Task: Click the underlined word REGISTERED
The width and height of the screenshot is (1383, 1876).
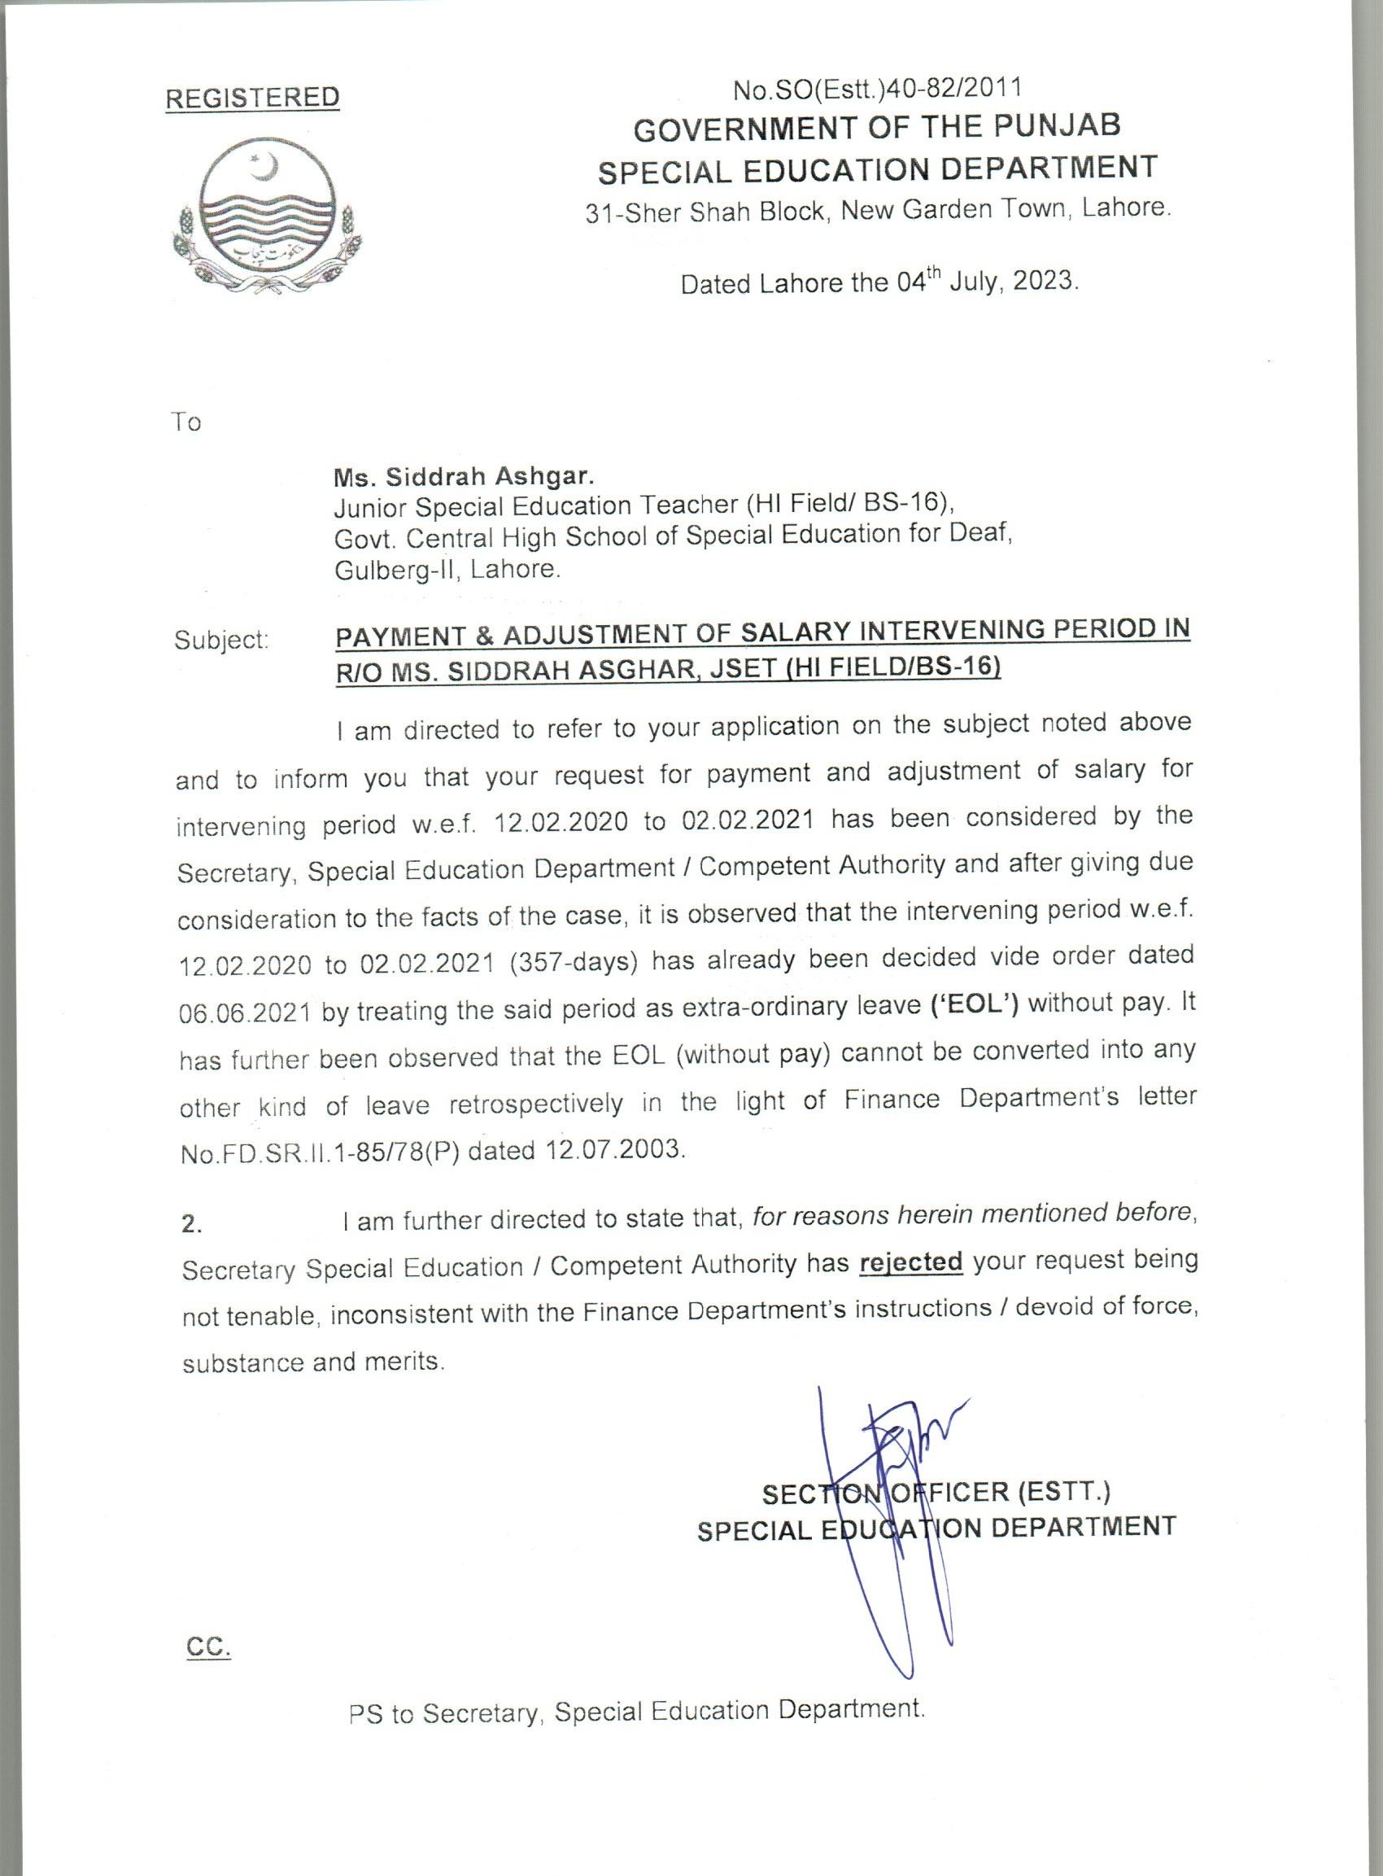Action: pos(252,98)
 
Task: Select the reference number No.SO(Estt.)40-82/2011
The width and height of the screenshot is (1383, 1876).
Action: pos(876,88)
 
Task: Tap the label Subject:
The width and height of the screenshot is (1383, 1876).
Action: pos(221,640)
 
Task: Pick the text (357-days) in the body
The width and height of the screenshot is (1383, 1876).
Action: pos(574,961)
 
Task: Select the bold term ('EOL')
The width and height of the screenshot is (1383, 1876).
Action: pos(975,1004)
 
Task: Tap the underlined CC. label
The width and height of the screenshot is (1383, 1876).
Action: pos(207,1648)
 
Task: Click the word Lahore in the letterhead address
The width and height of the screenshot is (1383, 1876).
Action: pos(1124,208)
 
